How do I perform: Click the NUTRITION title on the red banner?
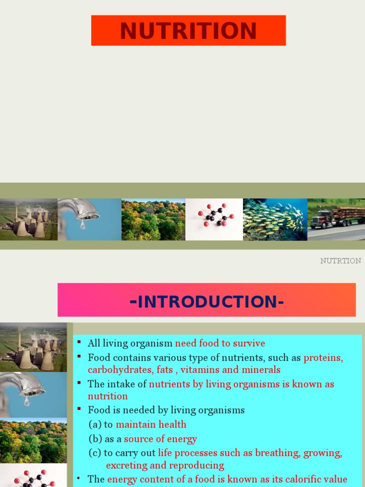[x=188, y=30]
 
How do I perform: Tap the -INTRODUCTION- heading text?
[x=207, y=302]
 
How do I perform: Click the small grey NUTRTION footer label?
[x=340, y=261]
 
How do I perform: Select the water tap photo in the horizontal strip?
[x=89, y=219]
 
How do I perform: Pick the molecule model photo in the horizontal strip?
[x=214, y=219]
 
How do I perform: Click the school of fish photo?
[x=275, y=219]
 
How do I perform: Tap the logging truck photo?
[x=336, y=219]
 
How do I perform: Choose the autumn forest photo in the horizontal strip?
[x=153, y=219]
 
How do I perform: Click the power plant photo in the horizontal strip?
[x=29, y=219]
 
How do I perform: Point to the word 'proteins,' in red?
[x=323, y=357]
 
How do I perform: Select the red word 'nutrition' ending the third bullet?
[x=108, y=396]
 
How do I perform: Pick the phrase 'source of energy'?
[x=160, y=439]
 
